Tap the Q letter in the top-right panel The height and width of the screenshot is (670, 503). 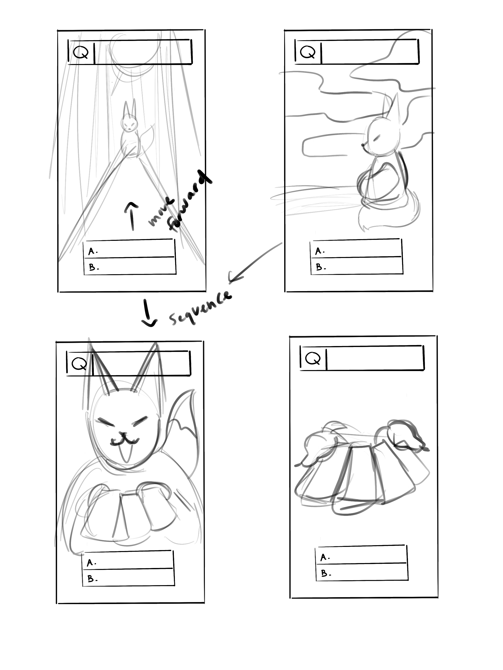pos(307,52)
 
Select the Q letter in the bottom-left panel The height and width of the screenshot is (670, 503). pos(79,363)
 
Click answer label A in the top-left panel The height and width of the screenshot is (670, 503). pos(93,251)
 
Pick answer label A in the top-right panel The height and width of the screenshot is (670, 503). pos(320,251)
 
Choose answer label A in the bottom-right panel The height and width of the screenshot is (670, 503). pos(325,557)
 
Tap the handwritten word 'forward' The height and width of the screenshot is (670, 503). pos(190,202)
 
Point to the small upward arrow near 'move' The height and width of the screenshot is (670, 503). pos(132,216)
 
